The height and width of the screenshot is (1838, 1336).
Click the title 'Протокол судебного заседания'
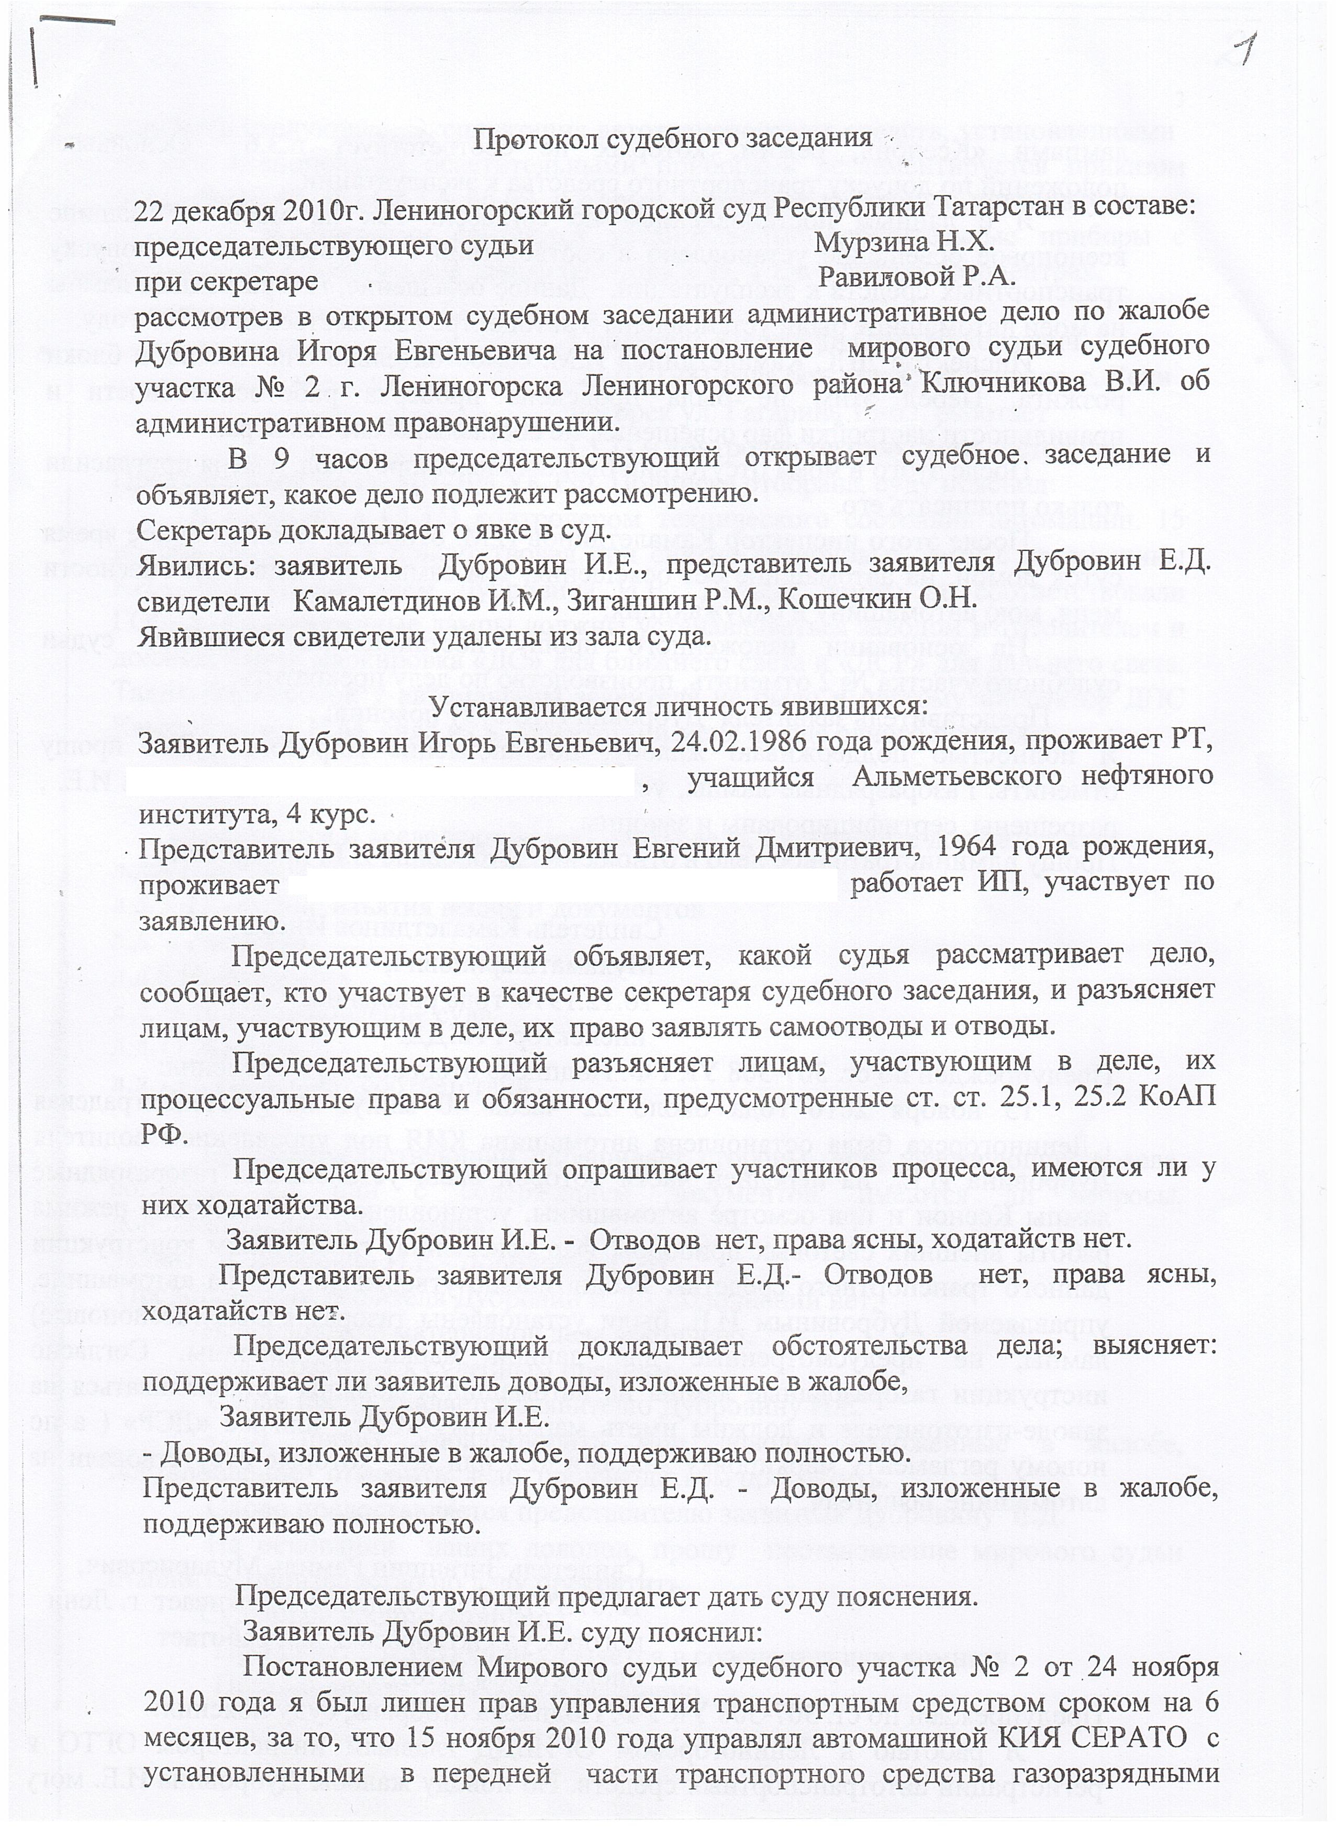[673, 139]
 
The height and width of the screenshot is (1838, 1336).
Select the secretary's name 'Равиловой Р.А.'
[916, 278]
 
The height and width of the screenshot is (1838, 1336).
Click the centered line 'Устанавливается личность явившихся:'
[677, 705]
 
